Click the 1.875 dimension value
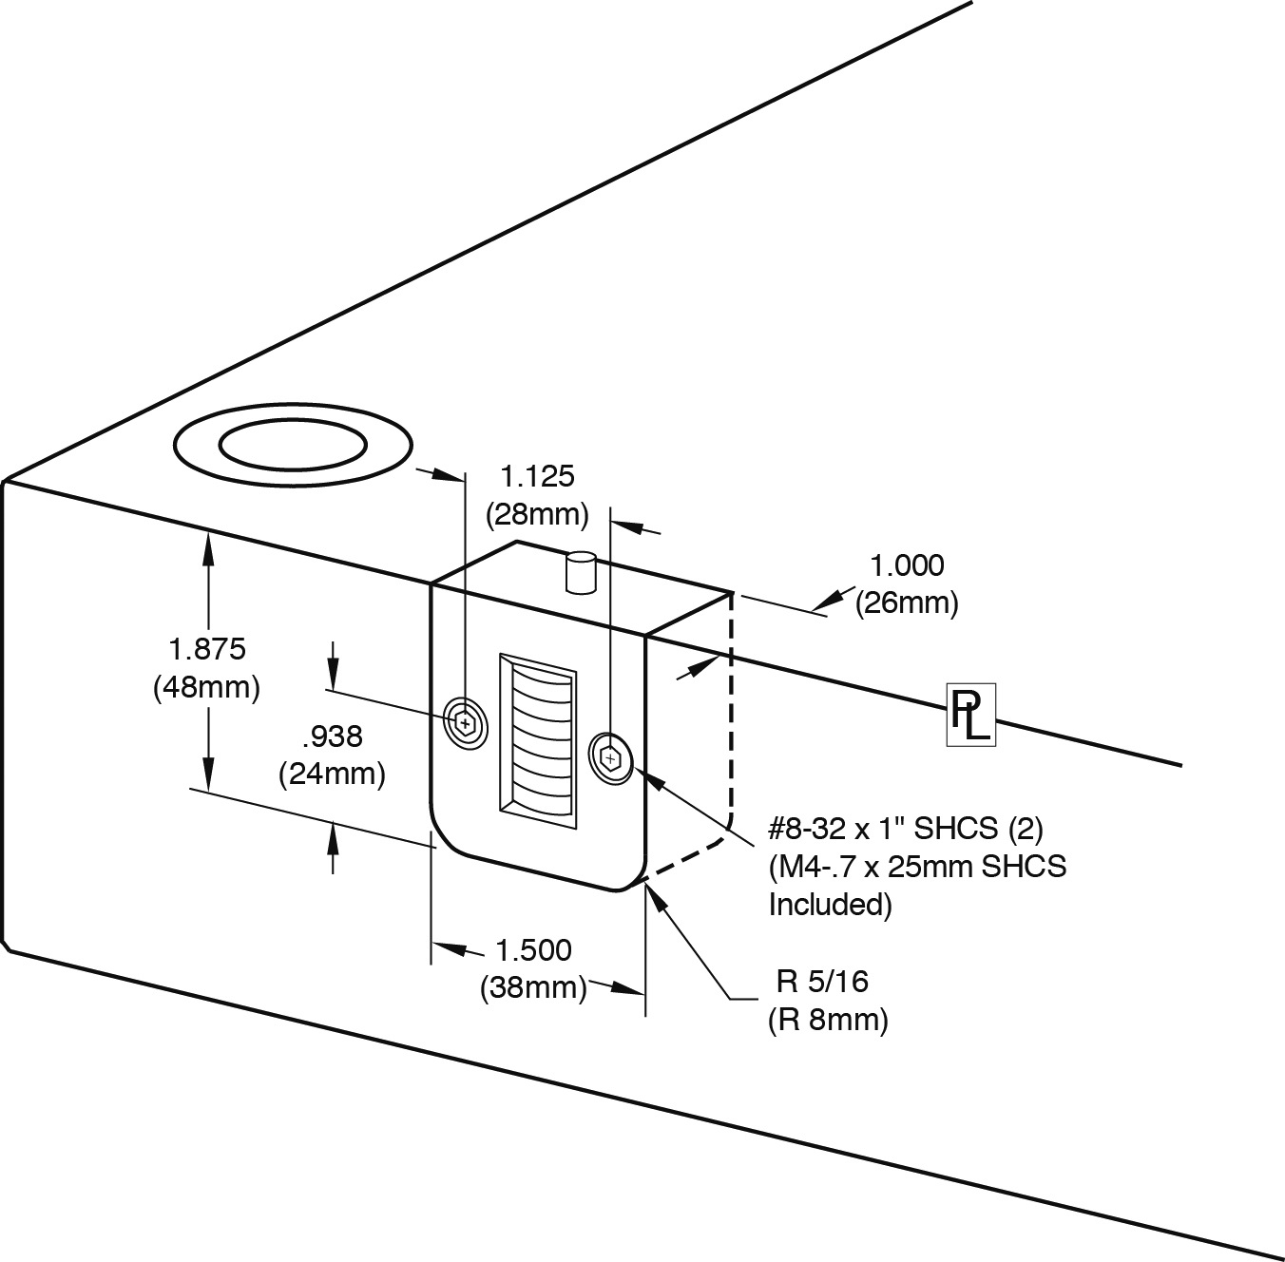(207, 650)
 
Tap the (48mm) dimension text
(207, 686)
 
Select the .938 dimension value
(333, 737)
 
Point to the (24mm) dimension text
(332, 774)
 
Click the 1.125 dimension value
(538, 476)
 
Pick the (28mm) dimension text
(538, 514)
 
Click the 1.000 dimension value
(908, 565)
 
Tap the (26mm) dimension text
(907, 602)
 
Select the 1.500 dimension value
(533, 949)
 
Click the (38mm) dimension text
(533, 987)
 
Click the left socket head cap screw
(466, 723)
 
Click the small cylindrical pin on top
(579, 572)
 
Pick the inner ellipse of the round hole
(294, 444)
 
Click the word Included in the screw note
(830, 905)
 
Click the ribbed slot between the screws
(537, 736)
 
